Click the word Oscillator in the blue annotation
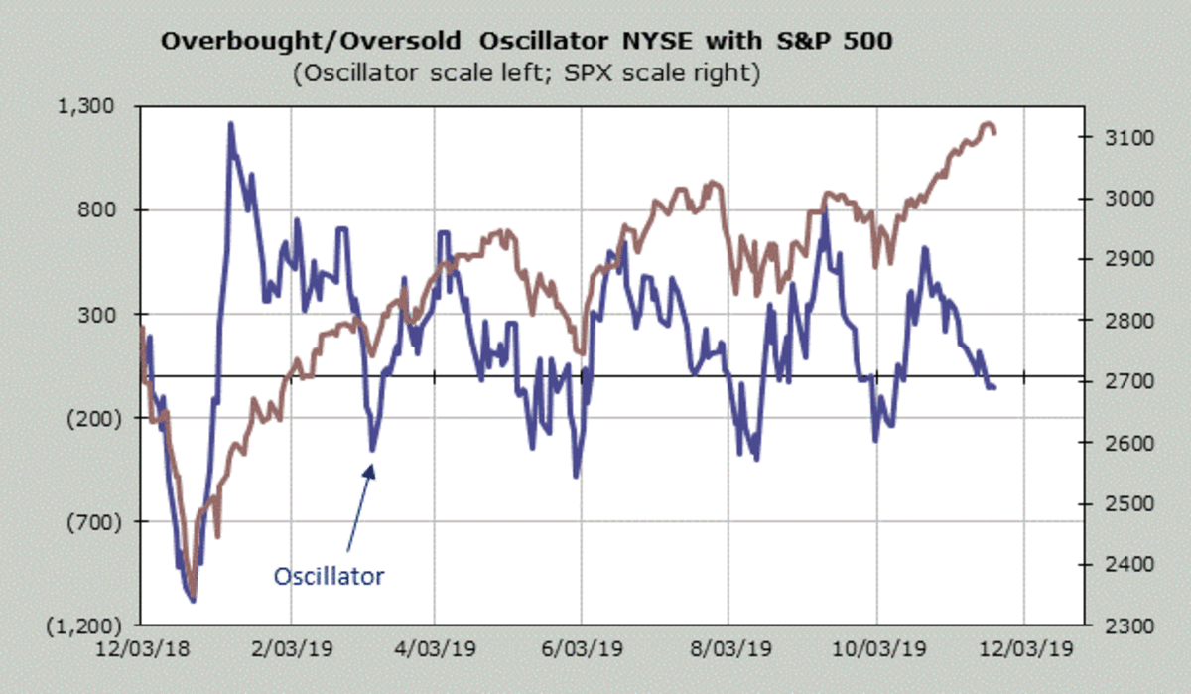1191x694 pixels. [x=328, y=576]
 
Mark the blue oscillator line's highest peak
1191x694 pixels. [x=230, y=124]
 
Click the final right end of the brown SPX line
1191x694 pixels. [x=994, y=132]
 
